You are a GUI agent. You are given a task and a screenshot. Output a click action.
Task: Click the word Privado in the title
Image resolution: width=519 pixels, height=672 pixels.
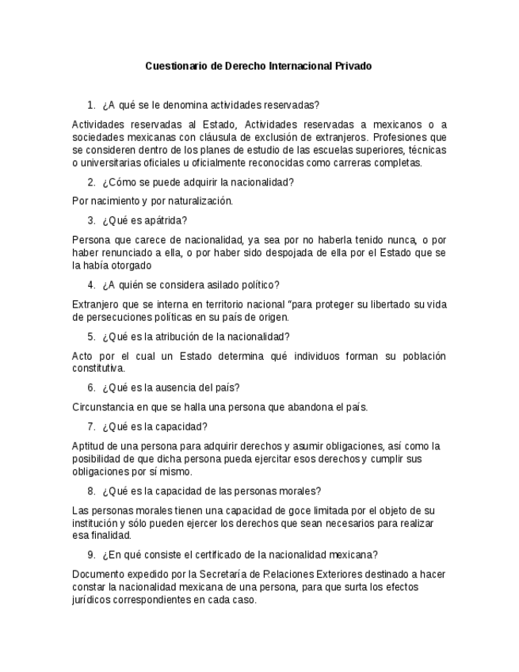click(x=353, y=67)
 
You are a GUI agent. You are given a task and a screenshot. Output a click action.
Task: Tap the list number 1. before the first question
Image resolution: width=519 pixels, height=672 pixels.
click(x=91, y=105)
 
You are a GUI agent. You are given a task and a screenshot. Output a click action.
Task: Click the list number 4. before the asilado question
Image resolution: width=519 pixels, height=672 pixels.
click(x=91, y=285)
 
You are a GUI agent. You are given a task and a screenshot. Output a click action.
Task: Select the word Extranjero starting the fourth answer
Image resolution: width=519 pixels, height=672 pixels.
click(x=96, y=304)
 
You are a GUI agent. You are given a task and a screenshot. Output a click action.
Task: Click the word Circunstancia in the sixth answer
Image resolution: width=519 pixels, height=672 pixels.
click(x=103, y=407)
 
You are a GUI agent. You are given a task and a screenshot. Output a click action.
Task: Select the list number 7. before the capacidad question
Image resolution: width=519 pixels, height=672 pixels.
click(x=91, y=426)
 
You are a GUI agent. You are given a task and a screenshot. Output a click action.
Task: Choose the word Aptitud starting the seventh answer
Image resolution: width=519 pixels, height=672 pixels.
click(x=88, y=446)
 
